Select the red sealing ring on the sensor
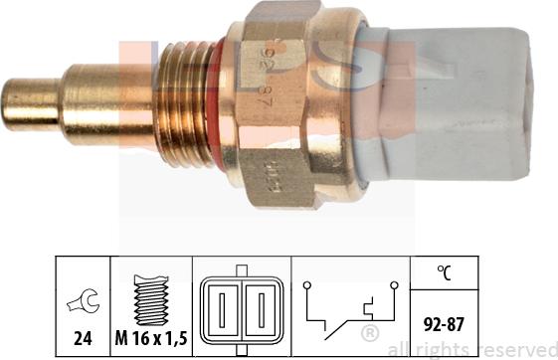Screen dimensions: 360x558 coord(212,101)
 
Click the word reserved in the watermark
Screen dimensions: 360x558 coord(515,349)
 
